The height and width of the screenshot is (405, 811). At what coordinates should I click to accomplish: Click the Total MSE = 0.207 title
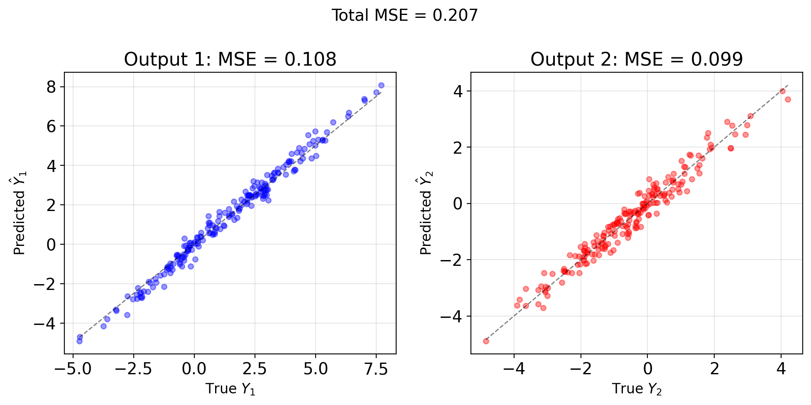(x=404, y=16)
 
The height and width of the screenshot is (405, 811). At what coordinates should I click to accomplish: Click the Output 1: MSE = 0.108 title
(x=230, y=59)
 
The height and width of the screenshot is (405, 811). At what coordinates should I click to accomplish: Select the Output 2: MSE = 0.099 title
(x=636, y=59)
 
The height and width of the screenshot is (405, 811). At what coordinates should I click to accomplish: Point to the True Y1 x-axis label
(x=230, y=389)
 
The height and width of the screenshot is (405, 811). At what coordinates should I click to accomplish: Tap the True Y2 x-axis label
(x=636, y=389)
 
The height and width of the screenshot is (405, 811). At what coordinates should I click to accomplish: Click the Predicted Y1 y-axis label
(x=20, y=213)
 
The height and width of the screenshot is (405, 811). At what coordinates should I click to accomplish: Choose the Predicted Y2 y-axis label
(x=426, y=213)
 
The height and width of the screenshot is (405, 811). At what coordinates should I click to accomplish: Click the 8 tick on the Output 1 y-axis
(x=51, y=87)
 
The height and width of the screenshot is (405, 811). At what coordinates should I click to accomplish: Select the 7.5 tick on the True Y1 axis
(x=376, y=368)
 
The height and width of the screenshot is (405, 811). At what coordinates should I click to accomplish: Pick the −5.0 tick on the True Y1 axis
(x=73, y=368)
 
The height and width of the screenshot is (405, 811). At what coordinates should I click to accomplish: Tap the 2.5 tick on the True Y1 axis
(x=255, y=368)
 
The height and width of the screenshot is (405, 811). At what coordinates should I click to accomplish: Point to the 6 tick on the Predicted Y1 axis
(x=51, y=126)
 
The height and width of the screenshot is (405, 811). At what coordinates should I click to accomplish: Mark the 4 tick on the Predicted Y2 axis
(x=458, y=91)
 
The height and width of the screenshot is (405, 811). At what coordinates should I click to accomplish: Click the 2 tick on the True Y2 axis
(x=714, y=368)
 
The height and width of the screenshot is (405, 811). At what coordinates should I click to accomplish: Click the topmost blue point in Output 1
(x=381, y=85)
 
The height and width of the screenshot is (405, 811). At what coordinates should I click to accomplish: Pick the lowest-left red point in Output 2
(x=486, y=341)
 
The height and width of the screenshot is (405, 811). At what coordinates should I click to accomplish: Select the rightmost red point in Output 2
(x=788, y=99)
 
